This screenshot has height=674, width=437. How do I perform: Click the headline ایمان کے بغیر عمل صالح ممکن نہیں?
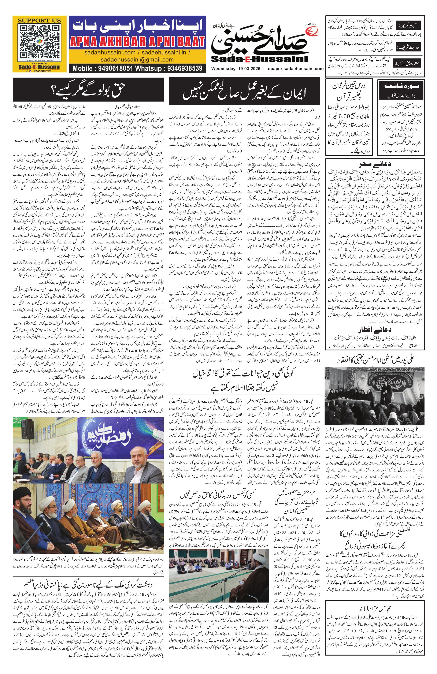(244, 92)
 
